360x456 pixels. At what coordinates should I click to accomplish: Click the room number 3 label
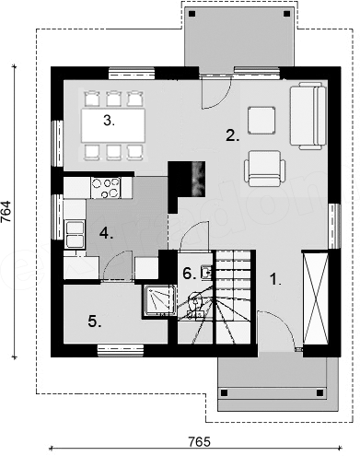(x=109, y=121)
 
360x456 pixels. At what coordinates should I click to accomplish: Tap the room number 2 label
(x=232, y=135)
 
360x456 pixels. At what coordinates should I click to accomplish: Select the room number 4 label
(x=106, y=234)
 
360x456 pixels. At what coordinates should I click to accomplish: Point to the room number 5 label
(x=95, y=322)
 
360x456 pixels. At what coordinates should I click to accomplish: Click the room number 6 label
(x=190, y=274)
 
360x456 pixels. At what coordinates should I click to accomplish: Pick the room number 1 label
(x=275, y=280)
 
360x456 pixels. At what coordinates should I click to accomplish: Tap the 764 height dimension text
(x=6, y=212)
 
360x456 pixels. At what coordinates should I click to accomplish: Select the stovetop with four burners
(x=106, y=188)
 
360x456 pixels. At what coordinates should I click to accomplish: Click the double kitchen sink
(x=75, y=234)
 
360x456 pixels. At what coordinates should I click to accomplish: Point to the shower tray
(x=159, y=301)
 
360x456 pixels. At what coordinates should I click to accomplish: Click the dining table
(x=113, y=125)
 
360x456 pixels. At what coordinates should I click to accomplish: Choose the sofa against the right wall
(x=308, y=116)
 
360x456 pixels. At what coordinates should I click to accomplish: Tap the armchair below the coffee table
(x=265, y=169)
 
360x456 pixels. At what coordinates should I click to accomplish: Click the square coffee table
(x=261, y=121)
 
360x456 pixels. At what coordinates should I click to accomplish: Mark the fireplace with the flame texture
(x=198, y=179)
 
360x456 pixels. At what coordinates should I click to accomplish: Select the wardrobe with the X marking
(x=315, y=298)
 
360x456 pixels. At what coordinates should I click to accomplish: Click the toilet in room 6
(x=194, y=302)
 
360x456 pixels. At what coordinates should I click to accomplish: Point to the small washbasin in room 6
(x=206, y=272)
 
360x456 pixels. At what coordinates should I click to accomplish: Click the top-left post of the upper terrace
(x=192, y=14)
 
